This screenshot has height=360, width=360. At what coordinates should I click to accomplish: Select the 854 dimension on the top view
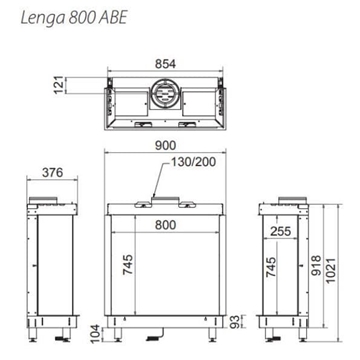pyautogui.click(x=166, y=63)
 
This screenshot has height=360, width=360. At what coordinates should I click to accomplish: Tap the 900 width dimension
pyautogui.click(x=166, y=147)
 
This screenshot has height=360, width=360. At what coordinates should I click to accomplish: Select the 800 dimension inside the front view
pyautogui.click(x=166, y=226)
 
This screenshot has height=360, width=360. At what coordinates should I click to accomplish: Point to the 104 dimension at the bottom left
pyautogui.click(x=95, y=330)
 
